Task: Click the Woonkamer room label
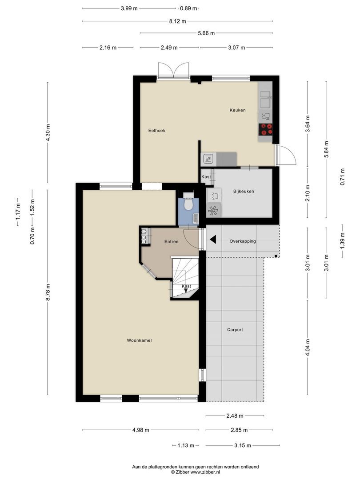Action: click(x=139, y=340)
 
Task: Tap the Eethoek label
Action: click(x=157, y=130)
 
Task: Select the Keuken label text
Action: click(x=237, y=110)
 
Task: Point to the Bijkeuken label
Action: click(x=244, y=191)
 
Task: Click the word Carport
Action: click(x=235, y=330)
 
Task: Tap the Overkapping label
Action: click(x=243, y=241)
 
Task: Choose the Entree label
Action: click(x=171, y=241)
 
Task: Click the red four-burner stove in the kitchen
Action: click(x=265, y=129)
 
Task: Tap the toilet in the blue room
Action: click(x=188, y=202)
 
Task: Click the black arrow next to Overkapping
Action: click(x=213, y=240)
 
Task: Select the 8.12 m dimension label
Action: click(x=177, y=21)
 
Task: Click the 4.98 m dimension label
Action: click(x=141, y=430)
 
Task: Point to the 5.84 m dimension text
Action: click(x=326, y=149)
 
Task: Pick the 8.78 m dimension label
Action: click(x=48, y=292)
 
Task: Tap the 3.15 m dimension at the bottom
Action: click(x=243, y=445)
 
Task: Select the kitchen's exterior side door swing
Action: click(x=286, y=155)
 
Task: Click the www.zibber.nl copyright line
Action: click(x=195, y=472)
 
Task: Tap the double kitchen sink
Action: click(x=265, y=99)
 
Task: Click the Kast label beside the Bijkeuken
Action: click(x=206, y=176)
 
